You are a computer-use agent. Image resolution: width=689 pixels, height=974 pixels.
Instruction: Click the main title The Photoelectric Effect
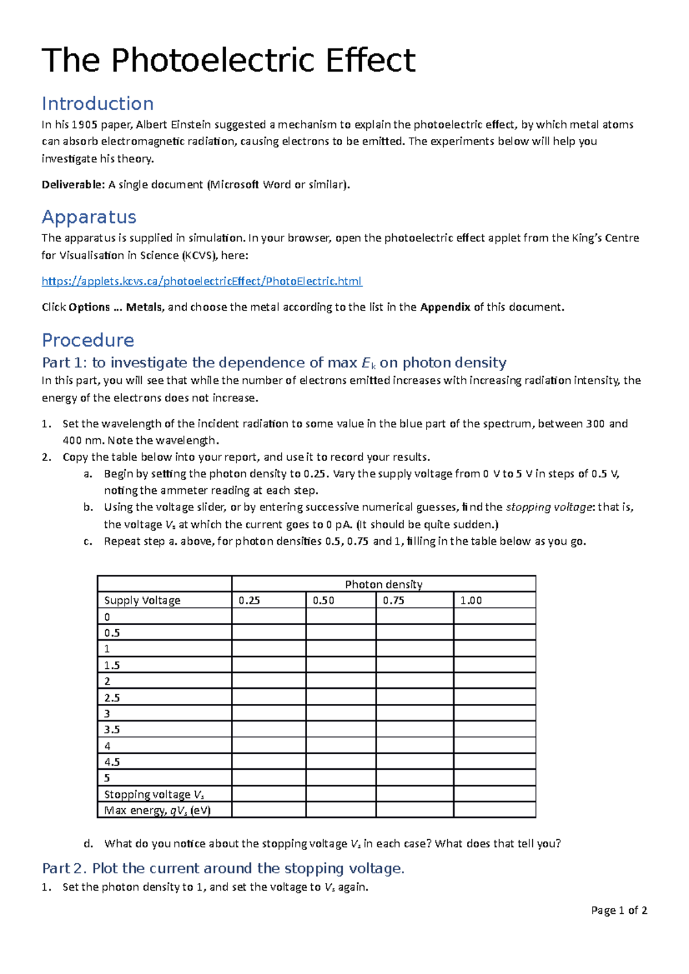click(x=229, y=60)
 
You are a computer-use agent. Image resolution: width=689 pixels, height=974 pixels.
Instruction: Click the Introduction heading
click(x=98, y=104)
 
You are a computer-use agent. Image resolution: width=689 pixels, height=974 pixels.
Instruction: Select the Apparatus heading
click(x=89, y=217)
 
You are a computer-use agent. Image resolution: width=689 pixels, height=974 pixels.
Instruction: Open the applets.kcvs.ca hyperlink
click(x=202, y=281)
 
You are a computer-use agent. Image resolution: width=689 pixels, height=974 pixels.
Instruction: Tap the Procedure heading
click(x=88, y=340)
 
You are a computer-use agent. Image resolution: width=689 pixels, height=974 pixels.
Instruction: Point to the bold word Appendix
click(x=445, y=307)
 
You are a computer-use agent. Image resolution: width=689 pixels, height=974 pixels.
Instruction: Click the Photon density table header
click(x=384, y=584)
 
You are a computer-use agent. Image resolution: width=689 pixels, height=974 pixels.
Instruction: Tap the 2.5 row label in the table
click(x=112, y=698)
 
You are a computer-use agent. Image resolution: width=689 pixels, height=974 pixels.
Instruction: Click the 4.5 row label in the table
click(x=112, y=762)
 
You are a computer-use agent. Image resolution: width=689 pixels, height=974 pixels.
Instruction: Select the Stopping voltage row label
click(x=154, y=794)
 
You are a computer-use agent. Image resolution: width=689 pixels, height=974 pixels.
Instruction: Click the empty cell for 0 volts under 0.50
click(x=341, y=617)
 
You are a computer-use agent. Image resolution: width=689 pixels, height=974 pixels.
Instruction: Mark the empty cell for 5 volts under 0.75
click(x=415, y=778)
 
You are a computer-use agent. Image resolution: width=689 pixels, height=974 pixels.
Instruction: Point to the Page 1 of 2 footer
click(x=619, y=910)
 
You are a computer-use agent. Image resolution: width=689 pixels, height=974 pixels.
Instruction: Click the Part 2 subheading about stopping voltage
click(x=223, y=868)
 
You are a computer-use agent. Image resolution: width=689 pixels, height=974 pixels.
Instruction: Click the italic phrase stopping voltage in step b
click(x=549, y=507)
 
